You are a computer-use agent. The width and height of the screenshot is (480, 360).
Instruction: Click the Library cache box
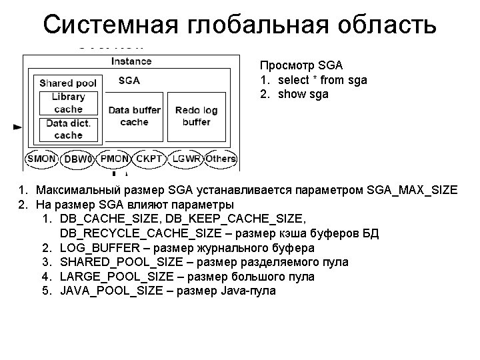coord(68,103)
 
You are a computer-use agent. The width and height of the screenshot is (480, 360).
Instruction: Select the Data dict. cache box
coord(68,129)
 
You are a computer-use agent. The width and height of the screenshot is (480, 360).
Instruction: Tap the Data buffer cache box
coord(135,116)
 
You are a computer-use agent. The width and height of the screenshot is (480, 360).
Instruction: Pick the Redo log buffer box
coord(196,116)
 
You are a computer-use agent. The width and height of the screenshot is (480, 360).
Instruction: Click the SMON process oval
coord(42,159)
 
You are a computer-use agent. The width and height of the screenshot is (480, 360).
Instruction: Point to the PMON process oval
coord(115,159)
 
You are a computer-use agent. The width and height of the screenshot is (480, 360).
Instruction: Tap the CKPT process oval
coord(149,159)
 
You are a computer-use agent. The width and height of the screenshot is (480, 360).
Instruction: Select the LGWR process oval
coord(186,159)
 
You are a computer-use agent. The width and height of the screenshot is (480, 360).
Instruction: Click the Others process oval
coord(220,159)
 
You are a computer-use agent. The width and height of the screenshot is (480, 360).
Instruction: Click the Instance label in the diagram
coord(131,61)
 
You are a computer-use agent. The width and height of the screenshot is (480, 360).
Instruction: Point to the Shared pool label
coord(68,83)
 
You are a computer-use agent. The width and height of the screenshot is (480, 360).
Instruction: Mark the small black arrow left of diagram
coord(17,125)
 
